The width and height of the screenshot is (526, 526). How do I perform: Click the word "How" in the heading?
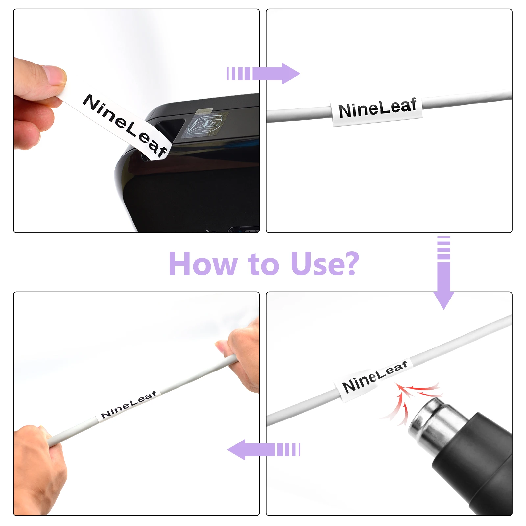(203, 264)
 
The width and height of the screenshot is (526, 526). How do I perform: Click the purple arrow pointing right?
(263, 74)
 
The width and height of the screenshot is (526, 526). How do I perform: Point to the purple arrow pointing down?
(443, 273)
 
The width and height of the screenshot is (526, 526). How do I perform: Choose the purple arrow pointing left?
(264, 449)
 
